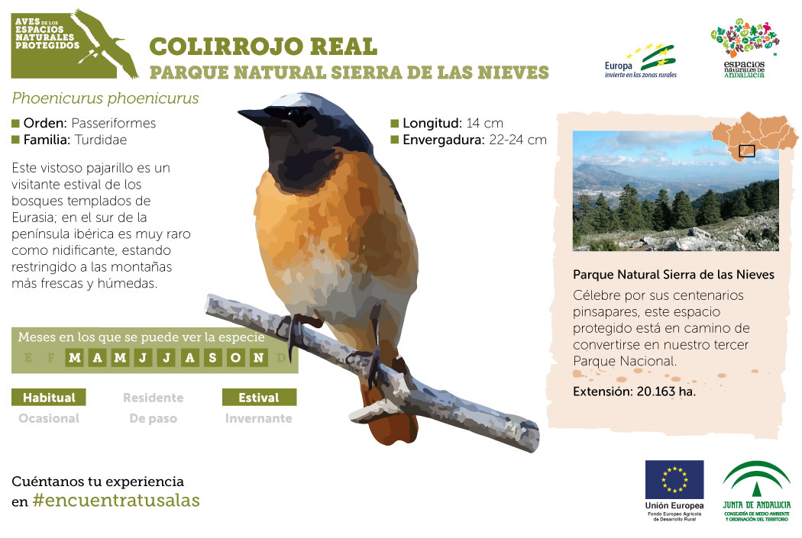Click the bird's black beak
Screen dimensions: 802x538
pos(254,117)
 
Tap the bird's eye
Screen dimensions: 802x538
pos(294,112)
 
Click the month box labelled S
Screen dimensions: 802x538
pos(212,358)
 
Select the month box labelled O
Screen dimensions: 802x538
pos(235,358)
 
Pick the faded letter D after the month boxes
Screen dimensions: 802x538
pos(281,358)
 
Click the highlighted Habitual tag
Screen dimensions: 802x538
pos(49,398)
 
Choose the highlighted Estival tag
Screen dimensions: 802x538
pos(260,398)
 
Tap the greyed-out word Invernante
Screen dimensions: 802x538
pos(259,418)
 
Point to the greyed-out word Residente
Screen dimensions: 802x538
pos(153,398)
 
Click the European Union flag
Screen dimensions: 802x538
pos(674,479)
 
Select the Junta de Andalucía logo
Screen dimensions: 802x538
pos(756,491)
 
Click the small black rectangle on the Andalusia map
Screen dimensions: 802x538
pos(747,151)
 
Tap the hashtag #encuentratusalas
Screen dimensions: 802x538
pos(116,500)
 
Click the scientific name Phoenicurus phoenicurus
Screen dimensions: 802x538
pos(105,98)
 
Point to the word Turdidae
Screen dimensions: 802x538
pos(101,140)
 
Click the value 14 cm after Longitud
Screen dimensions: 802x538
pos(484,123)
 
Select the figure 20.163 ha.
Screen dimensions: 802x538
pos(666,392)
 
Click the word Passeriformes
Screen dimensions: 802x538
pos(114,123)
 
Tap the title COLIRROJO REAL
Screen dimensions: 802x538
pos(264,47)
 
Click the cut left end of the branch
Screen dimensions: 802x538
pos(210,304)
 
